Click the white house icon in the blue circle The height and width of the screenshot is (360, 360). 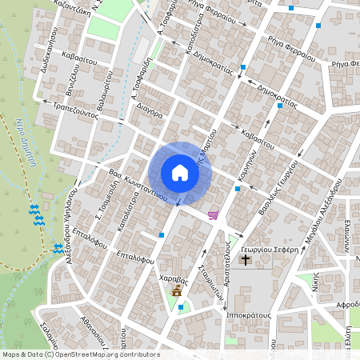[179, 173]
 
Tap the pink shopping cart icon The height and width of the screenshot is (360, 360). [213, 214]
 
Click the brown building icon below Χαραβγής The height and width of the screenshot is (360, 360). [177, 293]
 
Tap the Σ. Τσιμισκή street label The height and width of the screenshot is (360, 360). [102, 204]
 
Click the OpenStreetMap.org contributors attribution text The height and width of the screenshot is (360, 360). [108, 354]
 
